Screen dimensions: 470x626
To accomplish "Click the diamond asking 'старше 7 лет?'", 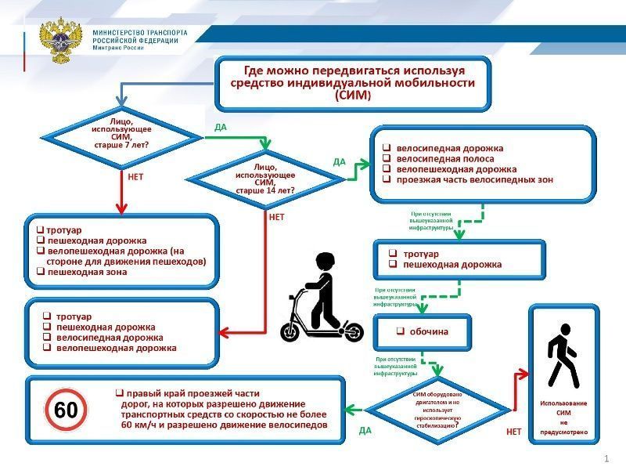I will coord(121,136).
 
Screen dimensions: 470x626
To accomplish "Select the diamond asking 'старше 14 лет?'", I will coord(265,179).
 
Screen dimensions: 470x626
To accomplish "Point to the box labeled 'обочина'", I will coord(423,331).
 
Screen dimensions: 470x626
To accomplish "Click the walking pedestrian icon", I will coord(563,360).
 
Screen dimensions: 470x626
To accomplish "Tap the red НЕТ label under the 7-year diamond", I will coord(135,177).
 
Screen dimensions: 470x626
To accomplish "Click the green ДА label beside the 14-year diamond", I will coord(339,162).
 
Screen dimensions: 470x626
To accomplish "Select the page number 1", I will coord(606,458).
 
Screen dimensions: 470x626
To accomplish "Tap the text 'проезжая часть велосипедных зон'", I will coord(474,179).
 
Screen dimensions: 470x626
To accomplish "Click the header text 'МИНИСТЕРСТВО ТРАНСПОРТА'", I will coord(140,34).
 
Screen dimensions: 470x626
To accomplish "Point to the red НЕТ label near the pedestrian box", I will coord(513,432).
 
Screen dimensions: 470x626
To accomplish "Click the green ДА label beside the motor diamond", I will coord(365,431).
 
